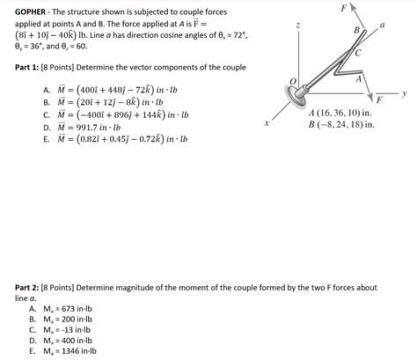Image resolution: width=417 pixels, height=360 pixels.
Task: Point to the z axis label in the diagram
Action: point(300,26)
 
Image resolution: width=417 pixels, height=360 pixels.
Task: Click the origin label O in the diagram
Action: point(292,81)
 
